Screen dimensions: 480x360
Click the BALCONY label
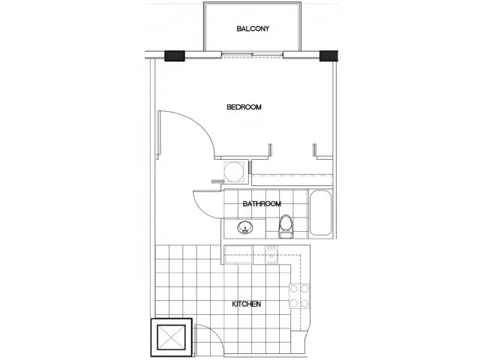coord(253,28)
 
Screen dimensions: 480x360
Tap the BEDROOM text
coord(244,107)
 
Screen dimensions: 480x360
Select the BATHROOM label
coord(262,204)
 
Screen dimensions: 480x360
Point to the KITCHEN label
coord(247,304)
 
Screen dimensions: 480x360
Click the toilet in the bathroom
coord(286,226)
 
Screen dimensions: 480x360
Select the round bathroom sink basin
coord(245,227)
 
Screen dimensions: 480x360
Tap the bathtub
coord(320,213)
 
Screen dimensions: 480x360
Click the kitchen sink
coord(271,256)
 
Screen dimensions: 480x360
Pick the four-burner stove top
coord(299,296)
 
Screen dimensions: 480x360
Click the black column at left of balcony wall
coord(175,56)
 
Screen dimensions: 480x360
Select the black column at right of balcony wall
coord(328,56)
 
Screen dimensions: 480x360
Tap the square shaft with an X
coord(172,337)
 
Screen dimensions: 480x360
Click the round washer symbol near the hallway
coord(234,172)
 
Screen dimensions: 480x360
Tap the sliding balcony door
coord(252,55)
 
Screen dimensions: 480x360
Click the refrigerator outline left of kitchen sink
coord(238,255)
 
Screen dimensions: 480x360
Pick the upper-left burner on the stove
coord(294,289)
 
